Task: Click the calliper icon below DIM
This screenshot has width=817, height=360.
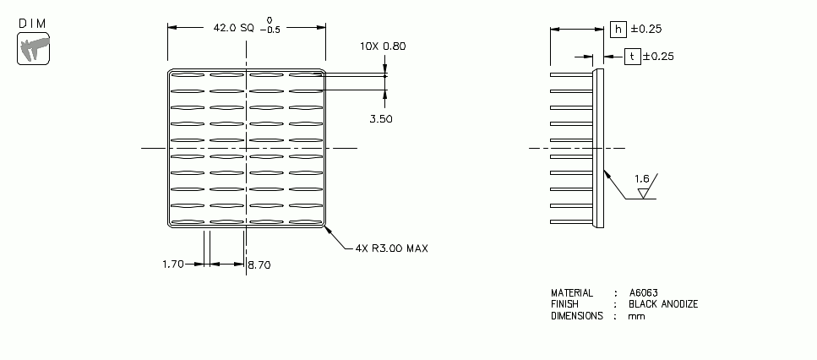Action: tap(33, 48)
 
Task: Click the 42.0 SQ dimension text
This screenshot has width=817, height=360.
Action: tap(233, 28)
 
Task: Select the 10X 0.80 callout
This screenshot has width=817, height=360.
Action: tap(383, 46)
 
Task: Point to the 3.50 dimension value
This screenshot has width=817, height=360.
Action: tap(381, 119)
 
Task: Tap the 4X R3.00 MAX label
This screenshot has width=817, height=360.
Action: tap(391, 248)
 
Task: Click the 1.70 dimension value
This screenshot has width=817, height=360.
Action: tap(172, 265)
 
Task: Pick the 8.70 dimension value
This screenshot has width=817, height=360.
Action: tap(260, 265)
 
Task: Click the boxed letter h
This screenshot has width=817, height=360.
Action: tap(618, 29)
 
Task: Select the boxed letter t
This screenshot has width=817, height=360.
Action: tap(631, 57)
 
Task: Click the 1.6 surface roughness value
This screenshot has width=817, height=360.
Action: tap(642, 179)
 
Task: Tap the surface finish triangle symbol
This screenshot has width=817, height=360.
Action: tap(644, 193)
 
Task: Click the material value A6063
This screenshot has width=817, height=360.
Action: tap(643, 292)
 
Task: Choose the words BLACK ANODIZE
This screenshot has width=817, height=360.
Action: tap(663, 304)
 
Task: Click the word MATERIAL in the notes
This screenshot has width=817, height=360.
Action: tap(572, 292)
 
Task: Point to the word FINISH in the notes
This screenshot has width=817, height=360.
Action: tap(564, 304)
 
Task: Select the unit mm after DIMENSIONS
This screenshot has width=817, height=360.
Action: tap(635, 316)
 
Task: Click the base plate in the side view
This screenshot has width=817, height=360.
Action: tap(598, 148)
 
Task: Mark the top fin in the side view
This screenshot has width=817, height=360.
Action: tap(572, 75)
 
